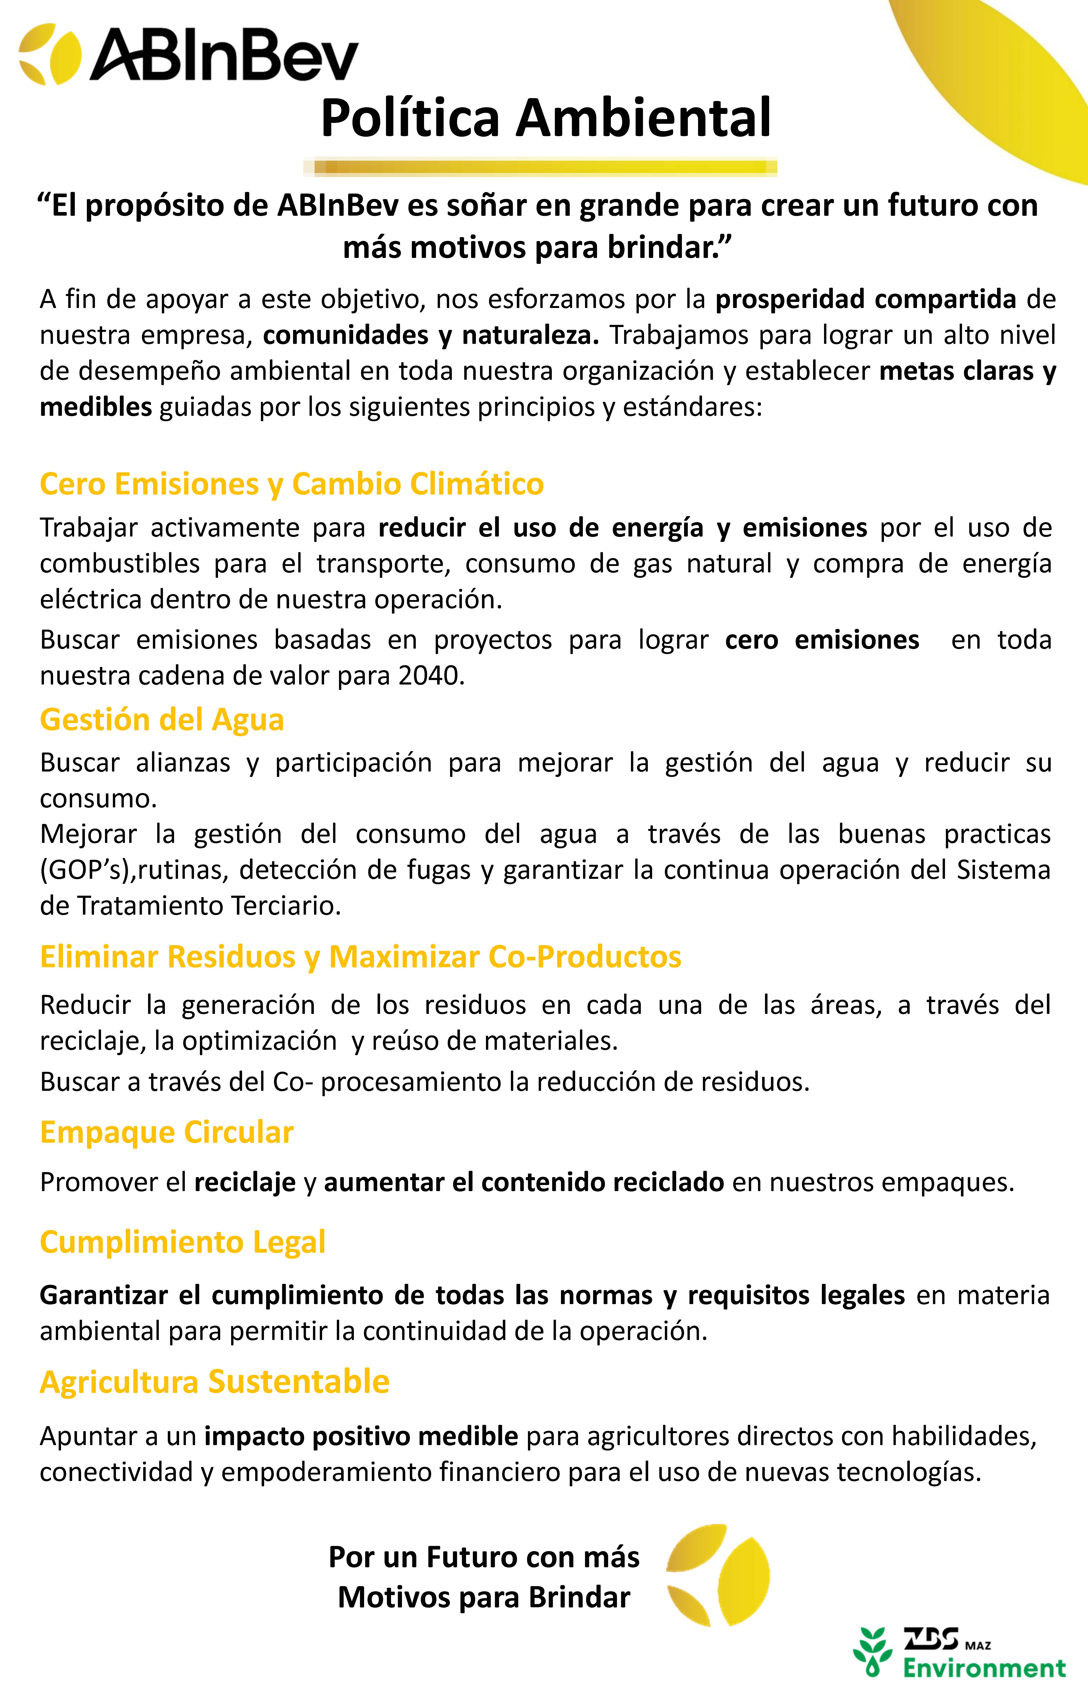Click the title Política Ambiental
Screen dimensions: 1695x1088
[545, 118]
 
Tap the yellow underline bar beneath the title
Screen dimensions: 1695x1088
[541, 167]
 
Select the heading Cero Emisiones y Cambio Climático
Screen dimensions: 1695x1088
[292, 485]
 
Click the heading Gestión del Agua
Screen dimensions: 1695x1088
[162, 720]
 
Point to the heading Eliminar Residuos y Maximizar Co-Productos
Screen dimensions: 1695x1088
[360, 957]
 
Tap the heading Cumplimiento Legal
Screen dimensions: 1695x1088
[182, 1242]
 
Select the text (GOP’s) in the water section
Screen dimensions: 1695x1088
[86, 870]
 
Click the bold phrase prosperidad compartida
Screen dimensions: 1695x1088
[865, 299]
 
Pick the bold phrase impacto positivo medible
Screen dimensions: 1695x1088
[361, 1437]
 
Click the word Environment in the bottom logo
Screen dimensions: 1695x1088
[984, 1668]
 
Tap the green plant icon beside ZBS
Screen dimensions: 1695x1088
[873, 1651]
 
